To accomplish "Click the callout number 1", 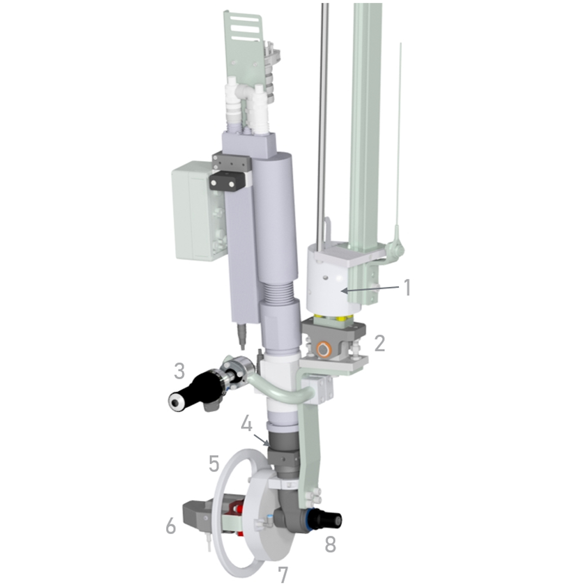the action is coord(407,288).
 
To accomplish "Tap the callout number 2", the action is coord(379,343).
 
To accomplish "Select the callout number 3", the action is coord(180,371).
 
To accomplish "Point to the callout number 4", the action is coord(247,424).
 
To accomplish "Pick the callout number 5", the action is coord(214,463).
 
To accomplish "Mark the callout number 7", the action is coord(283,574).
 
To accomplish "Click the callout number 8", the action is coord(330,544).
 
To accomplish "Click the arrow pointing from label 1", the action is coord(370,289).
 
